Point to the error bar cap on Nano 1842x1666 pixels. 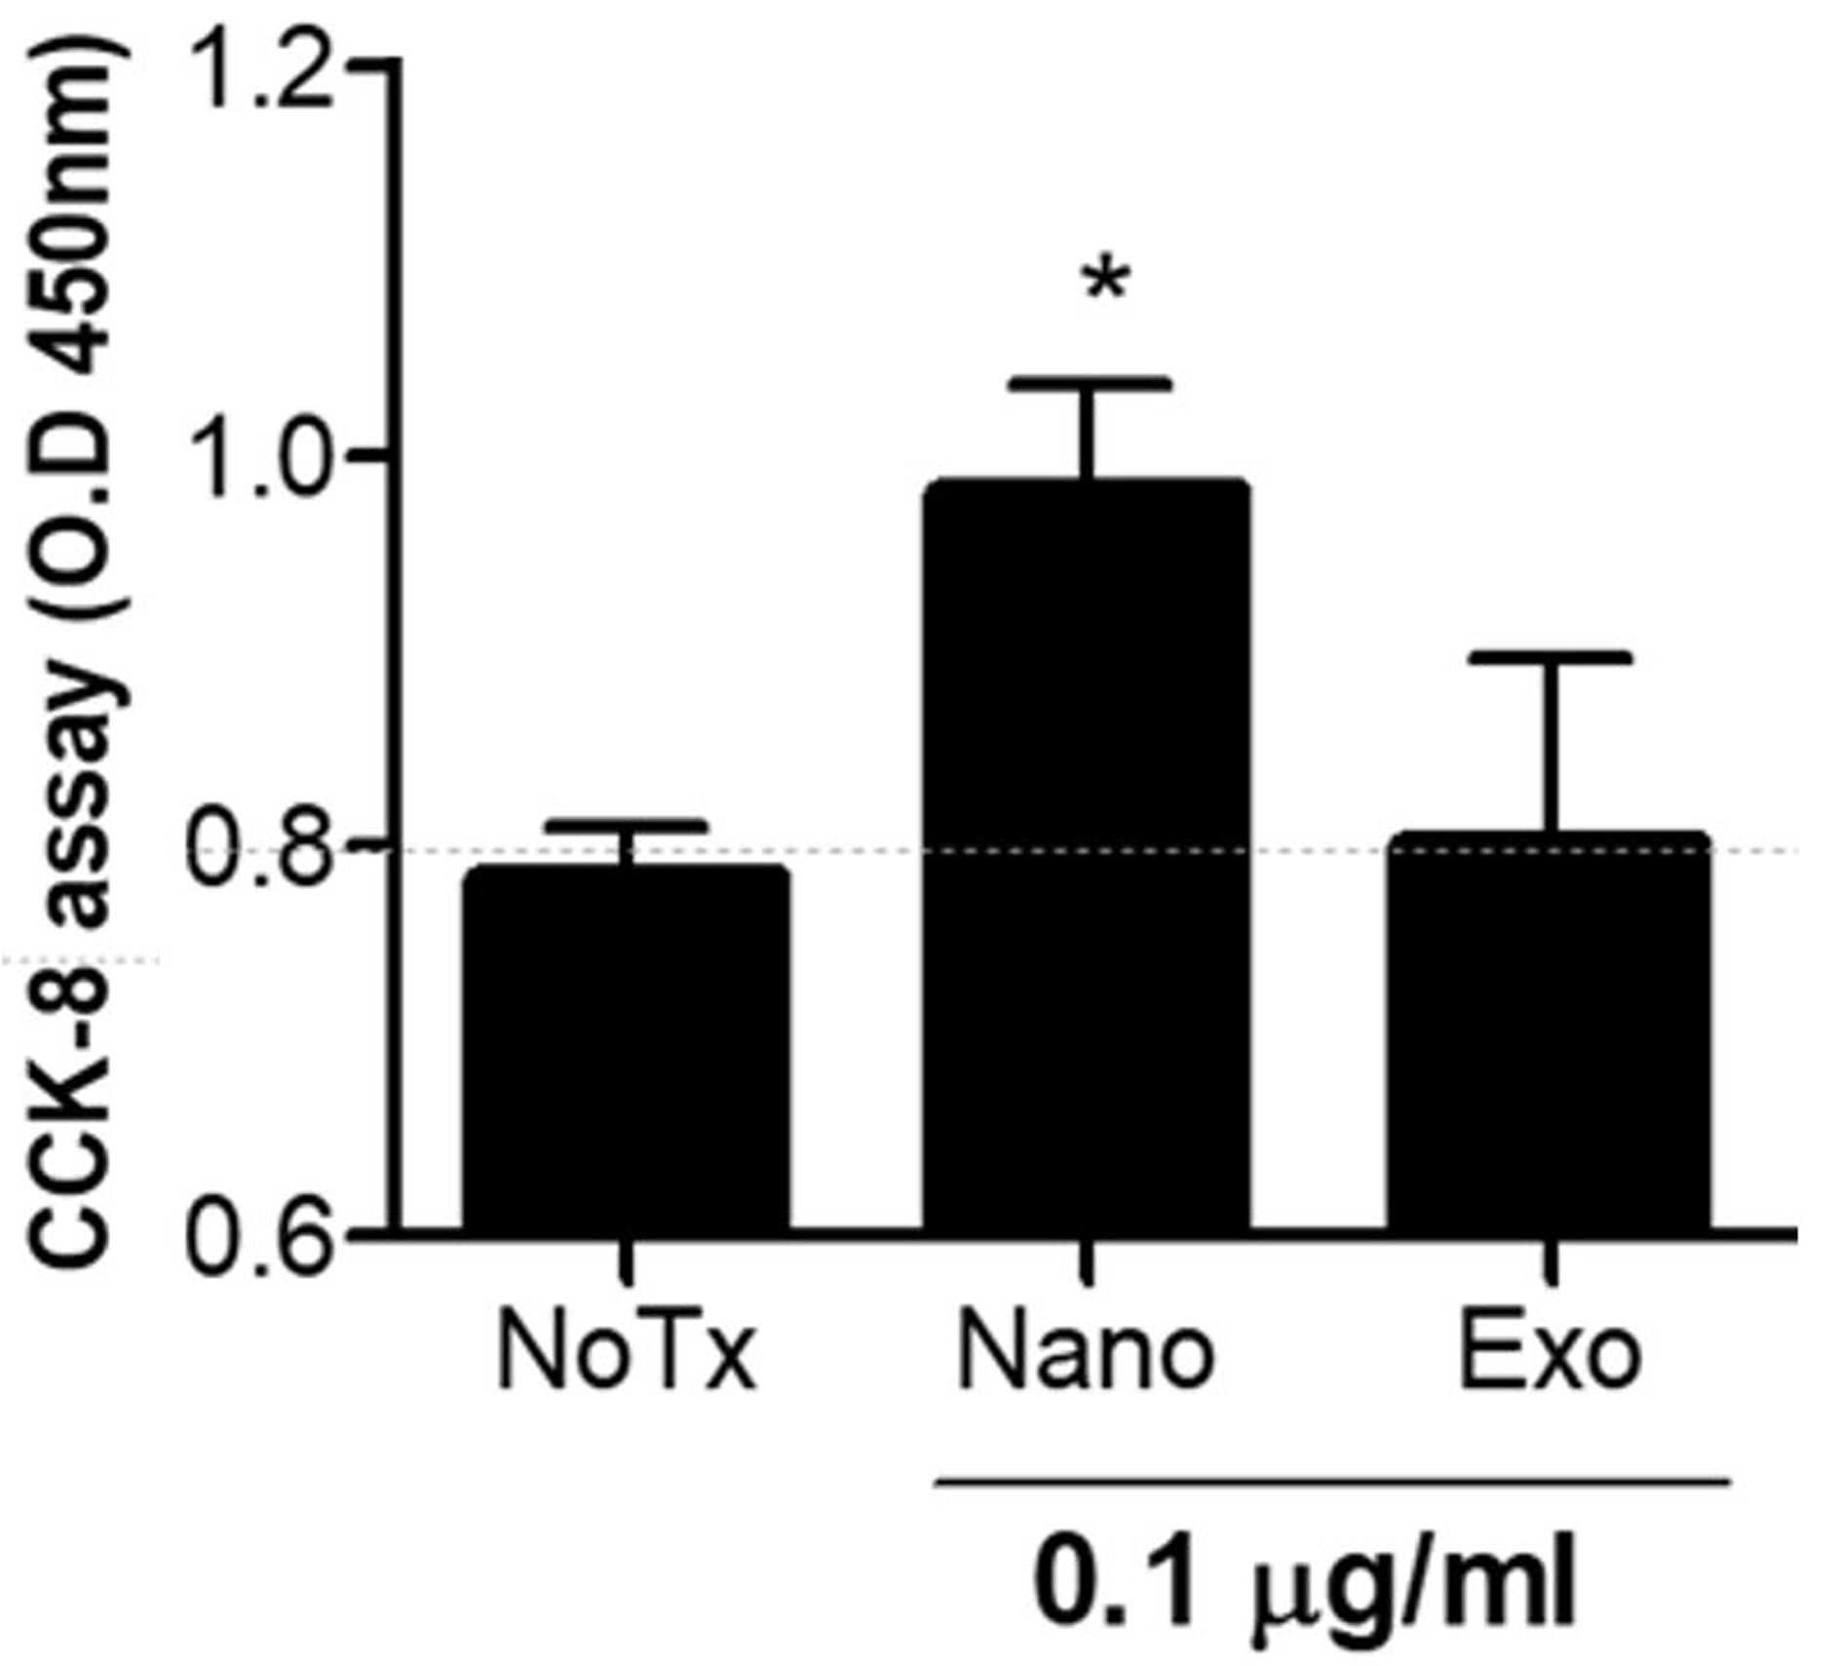click(1088, 382)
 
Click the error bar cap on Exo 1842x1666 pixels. click(1550, 658)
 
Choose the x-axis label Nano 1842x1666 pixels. click(1087, 1352)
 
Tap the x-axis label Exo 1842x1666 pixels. click(1550, 1352)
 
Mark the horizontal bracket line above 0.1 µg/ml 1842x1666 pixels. click(1333, 1483)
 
